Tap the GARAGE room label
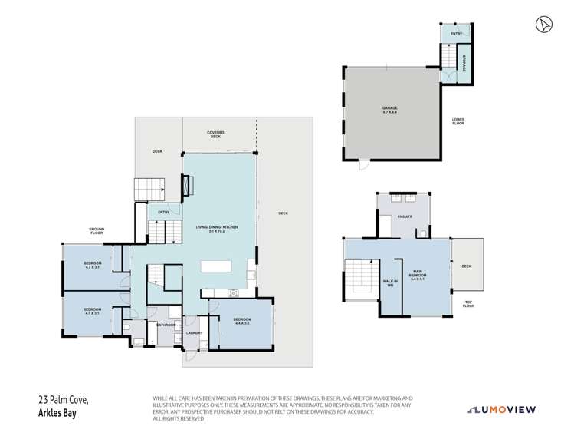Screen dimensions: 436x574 click(x=390, y=110)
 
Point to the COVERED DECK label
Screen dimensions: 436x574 click(x=215, y=134)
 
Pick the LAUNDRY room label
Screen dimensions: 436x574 click(x=192, y=332)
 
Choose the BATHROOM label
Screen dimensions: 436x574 click(x=166, y=325)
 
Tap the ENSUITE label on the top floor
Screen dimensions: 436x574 click(x=404, y=218)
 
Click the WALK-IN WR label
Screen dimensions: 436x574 click(x=390, y=284)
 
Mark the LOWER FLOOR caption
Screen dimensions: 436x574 click(x=459, y=121)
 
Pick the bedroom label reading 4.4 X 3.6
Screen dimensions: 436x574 click(x=242, y=323)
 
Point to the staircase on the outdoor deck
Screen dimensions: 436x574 click(x=149, y=187)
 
